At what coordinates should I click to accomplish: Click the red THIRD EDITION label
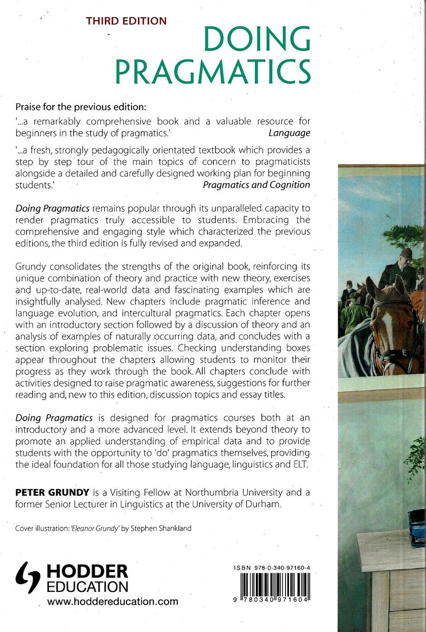pyautogui.click(x=126, y=21)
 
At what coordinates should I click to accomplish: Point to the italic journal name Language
pyautogui.click(x=289, y=133)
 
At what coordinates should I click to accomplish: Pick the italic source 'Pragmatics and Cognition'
pyautogui.click(x=256, y=184)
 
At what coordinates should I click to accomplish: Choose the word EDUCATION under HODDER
pyautogui.click(x=87, y=587)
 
